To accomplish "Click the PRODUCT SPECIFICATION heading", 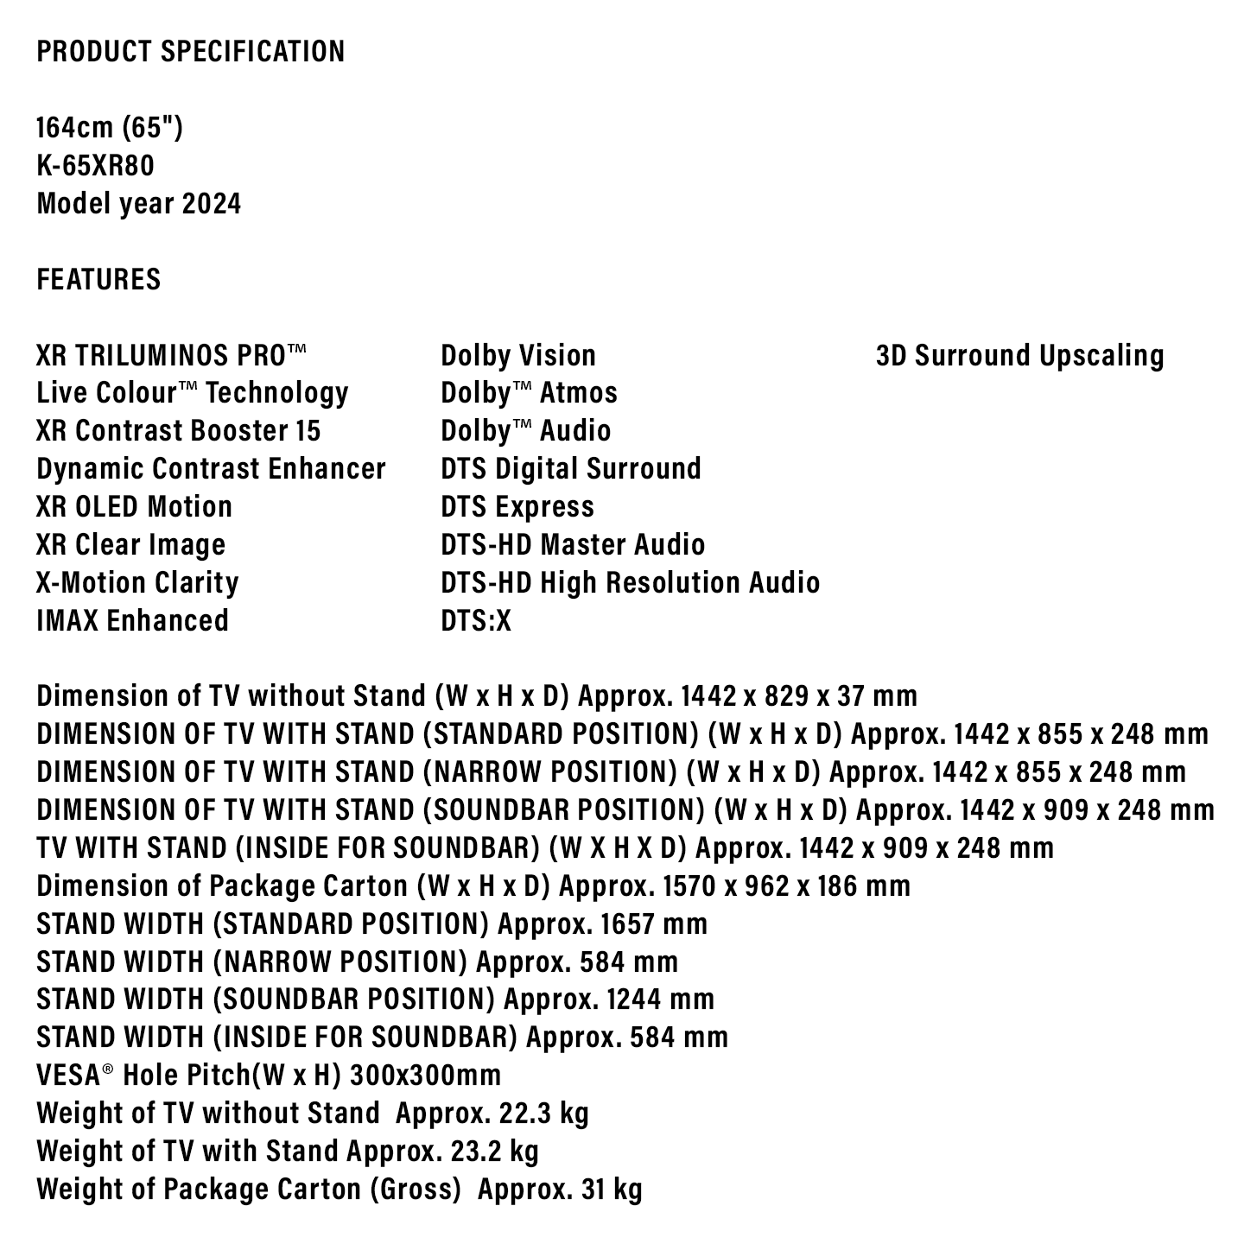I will pos(190,52).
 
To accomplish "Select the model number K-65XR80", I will pos(95,166).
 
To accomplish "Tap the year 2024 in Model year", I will pos(212,204).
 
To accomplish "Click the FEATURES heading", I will pos(98,280).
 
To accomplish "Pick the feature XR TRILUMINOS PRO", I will pos(171,356).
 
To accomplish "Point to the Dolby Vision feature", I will pos(518,356).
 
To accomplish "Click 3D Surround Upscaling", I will pos(1019,356).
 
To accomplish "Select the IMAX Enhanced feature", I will pos(132,621).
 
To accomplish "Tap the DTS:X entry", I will pos(476,621).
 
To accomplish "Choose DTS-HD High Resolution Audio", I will pos(630,583).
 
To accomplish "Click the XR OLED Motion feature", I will pos(134,507).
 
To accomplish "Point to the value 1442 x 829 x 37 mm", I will pos(799,696).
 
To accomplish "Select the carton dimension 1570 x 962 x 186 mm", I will pos(786,886).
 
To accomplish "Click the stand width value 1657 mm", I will pos(654,924).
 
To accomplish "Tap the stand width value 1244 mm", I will pos(661,1000).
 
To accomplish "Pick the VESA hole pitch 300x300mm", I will pos(425,1076).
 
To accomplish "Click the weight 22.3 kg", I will pos(544,1114).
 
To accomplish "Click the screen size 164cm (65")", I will pos(110,128).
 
